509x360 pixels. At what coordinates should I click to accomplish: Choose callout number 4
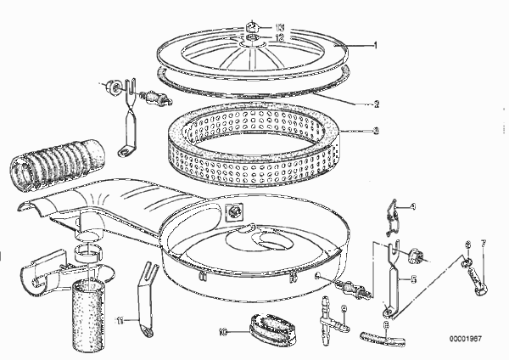[414, 205]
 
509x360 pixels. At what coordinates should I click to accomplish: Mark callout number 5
[414, 277]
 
